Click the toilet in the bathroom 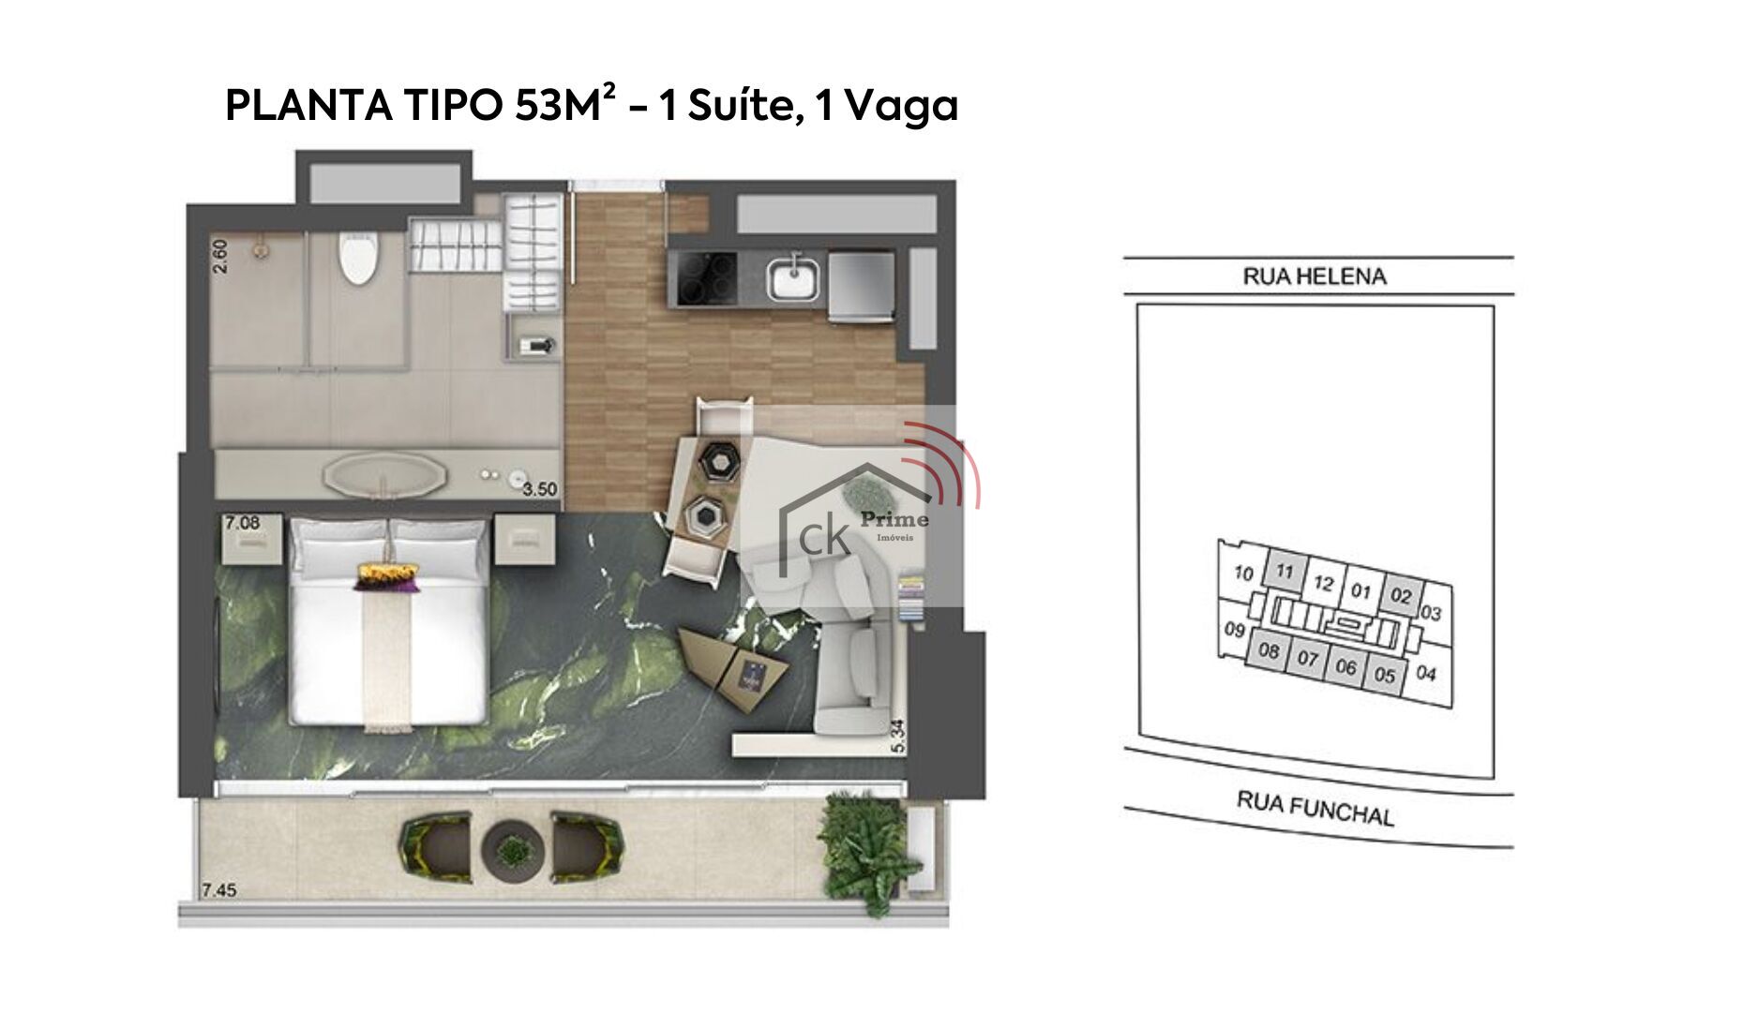(x=357, y=257)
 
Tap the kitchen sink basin (x=793, y=280)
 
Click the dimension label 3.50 (x=540, y=489)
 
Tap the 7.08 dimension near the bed (x=242, y=523)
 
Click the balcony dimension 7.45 (x=219, y=889)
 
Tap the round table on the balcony (x=513, y=850)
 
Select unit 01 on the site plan (x=1361, y=591)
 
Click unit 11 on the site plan (x=1285, y=571)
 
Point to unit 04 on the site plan (x=1426, y=673)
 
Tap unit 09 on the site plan (x=1235, y=630)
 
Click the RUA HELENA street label (x=1315, y=276)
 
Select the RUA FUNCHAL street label (x=1315, y=808)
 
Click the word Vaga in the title (x=901, y=106)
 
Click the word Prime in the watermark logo (x=894, y=520)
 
